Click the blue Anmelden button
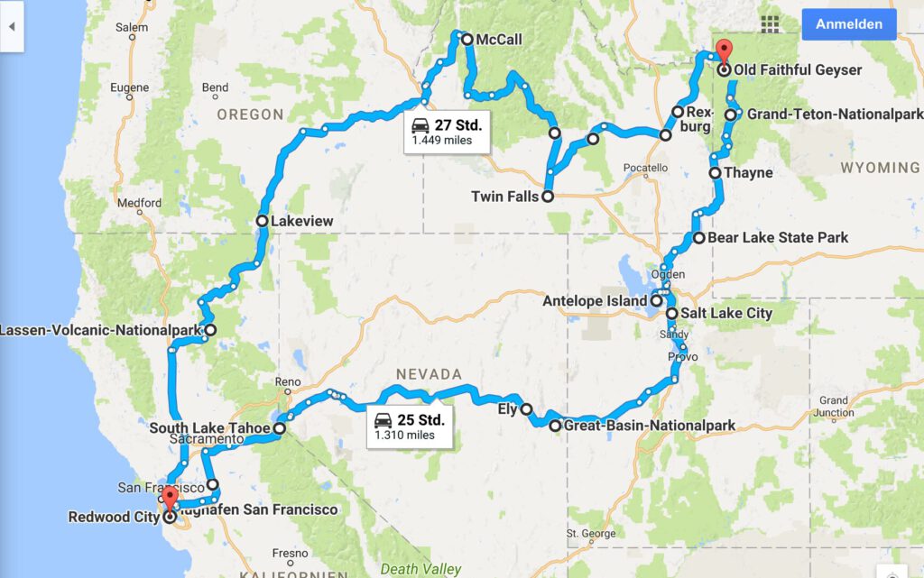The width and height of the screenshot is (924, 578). (848, 24)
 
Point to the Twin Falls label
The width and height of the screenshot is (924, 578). (504, 196)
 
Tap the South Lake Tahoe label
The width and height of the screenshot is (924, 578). (210, 428)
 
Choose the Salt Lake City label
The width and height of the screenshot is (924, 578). (726, 313)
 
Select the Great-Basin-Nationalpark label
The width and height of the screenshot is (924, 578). (648, 426)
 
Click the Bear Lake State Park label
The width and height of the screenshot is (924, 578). (778, 238)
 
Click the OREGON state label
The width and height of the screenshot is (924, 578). (250, 115)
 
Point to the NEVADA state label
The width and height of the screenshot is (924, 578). (429, 373)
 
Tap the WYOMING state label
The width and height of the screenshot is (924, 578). (880, 168)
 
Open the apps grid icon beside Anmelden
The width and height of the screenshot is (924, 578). (771, 23)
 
